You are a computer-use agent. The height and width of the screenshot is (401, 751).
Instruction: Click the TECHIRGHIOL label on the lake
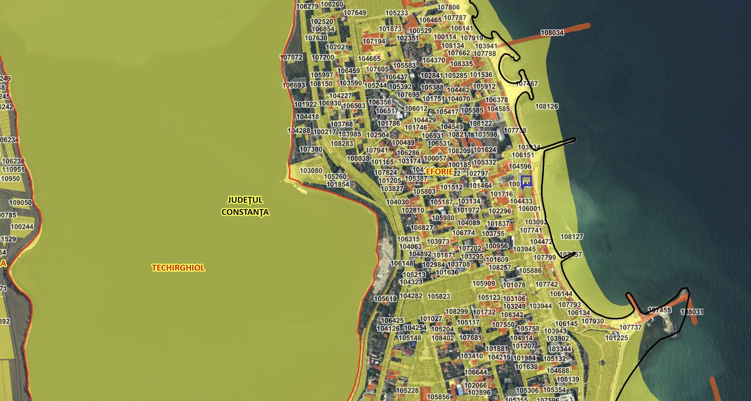click(x=178, y=268)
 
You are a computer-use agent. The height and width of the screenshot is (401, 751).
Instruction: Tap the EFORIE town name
click(x=439, y=172)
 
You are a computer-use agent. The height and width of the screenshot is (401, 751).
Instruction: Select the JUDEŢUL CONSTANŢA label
click(x=245, y=206)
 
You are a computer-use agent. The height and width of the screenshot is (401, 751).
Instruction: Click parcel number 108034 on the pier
click(x=552, y=33)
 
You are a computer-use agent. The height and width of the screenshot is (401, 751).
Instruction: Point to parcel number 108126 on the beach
click(x=546, y=106)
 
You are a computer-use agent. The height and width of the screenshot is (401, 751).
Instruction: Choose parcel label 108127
click(x=571, y=236)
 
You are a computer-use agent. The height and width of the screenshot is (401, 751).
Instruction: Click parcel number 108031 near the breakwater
click(x=692, y=312)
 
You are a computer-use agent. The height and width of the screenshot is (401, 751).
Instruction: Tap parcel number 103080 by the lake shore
click(x=311, y=171)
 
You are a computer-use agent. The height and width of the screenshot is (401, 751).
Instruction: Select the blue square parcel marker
click(x=526, y=181)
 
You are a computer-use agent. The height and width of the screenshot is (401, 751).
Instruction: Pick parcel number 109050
click(x=20, y=202)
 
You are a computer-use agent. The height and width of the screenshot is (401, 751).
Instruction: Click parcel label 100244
click(x=22, y=227)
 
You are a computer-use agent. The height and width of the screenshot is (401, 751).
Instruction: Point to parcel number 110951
click(x=13, y=170)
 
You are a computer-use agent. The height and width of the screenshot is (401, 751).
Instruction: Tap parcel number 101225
click(x=616, y=338)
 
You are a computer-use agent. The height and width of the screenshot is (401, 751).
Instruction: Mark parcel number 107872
click(x=291, y=57)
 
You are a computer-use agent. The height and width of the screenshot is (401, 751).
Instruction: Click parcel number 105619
click(x=385, y=299)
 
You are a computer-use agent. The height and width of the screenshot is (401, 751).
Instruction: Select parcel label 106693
click(x=294, y=85)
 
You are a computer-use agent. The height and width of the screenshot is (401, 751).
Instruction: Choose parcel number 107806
click(x=448, y=7)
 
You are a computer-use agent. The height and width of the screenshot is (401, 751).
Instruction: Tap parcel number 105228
click(x=407, y=390)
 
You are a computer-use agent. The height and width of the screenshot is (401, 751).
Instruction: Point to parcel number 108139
click(x=568, y=379)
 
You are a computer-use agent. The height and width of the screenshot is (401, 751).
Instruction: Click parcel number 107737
click(x=631, y=327)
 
